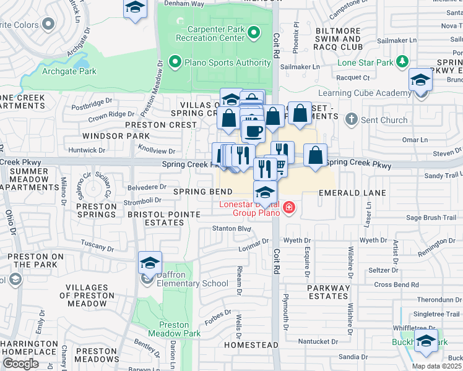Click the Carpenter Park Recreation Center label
(210, 33)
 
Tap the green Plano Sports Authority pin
(175, 62)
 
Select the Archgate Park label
(69, 71)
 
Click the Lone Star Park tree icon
(403, 61)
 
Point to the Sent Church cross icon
(350, 118)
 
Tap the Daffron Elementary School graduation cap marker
(150, 263)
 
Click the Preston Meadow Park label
(174, 329)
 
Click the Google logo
(20, 363)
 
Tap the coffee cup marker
(253, 131)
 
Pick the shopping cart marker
(280, 166)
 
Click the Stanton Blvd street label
(231, 229)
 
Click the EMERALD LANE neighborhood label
(352, 193)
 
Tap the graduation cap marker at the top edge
(134, 8)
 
